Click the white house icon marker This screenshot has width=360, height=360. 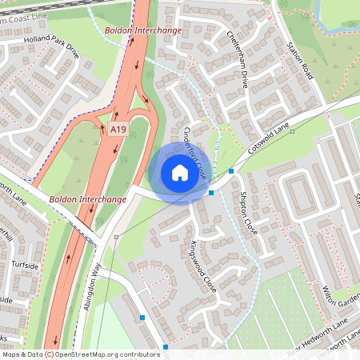(180, 172)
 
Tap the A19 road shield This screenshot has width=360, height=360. (118, 129)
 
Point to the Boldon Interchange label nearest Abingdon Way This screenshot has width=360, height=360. (88, 199)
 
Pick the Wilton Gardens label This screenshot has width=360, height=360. (343, 294)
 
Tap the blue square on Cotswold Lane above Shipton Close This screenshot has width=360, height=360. (231, 171)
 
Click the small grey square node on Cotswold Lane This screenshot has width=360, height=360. (293, 131)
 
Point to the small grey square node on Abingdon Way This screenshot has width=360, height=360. (116, 237)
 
